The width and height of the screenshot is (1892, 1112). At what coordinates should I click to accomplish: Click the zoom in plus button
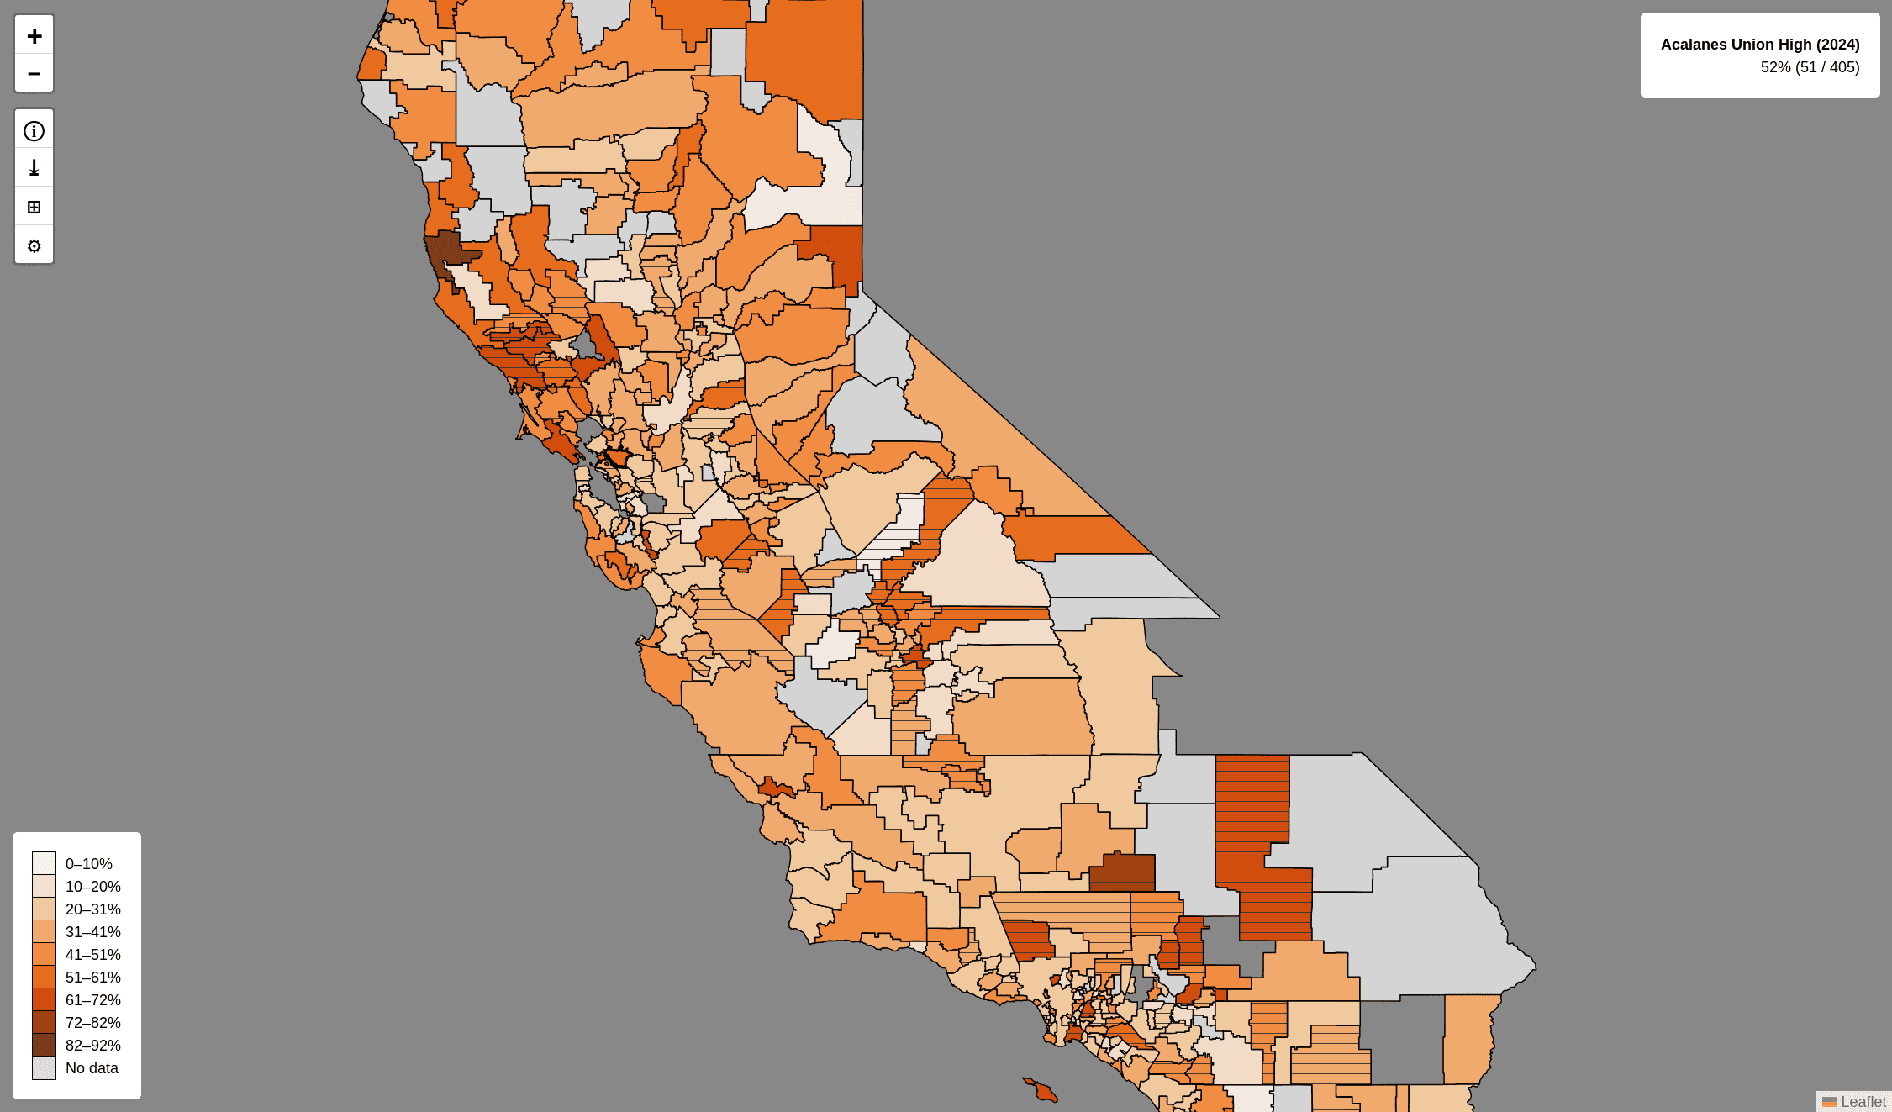click(x=34, y=35)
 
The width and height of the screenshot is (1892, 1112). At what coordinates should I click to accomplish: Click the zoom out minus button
click(x=34, y=73)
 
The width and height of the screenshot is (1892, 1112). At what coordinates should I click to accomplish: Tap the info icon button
click(x=34, y=131)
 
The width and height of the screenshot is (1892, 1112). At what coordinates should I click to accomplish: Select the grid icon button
click(x=34, y=207)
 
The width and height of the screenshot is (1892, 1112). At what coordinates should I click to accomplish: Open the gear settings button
click(x=34, y=246)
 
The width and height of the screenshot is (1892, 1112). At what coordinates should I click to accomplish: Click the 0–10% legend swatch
click(x=44, y=863)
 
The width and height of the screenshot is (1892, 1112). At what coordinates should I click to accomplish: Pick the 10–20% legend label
click(x=92, y=887)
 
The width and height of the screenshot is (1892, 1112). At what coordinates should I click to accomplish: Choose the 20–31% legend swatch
click(x=44, y=909)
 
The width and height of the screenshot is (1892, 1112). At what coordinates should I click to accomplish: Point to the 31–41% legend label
click(x=92, y=932)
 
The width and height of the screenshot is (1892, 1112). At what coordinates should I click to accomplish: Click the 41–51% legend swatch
click(x=44, y=954)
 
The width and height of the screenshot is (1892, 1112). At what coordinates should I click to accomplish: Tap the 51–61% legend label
click(x=92, y=978)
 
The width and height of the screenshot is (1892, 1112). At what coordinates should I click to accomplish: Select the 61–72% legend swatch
click(x=44, y=999)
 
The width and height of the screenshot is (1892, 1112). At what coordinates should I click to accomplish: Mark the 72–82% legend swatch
click(x=44, y=1022)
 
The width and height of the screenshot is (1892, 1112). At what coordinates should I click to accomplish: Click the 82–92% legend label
click(x=92, y=1046)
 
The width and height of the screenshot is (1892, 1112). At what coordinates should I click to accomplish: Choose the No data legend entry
click(x=92, y=1068)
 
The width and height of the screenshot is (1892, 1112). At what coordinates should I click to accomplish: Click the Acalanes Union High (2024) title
click(x=1759, y=45)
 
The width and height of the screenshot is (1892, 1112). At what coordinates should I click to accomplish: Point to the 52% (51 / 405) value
click(x=1810, y=67)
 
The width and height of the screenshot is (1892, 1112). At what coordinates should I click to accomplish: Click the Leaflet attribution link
click(x=1863, y=1102)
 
